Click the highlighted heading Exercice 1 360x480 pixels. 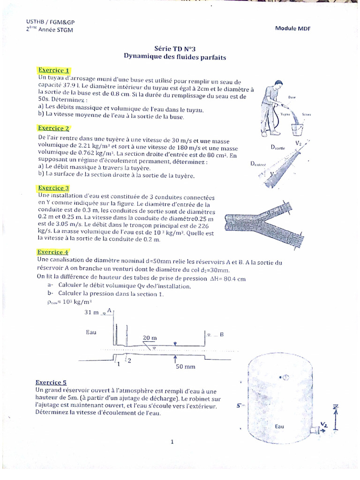(x=54, y=70)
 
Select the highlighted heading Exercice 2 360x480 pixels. (x=54, y=128)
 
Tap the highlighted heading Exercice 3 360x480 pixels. (x=54, y=188)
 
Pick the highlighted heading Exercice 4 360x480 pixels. (x=53, y=252)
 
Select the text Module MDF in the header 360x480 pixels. (x=293, y=29)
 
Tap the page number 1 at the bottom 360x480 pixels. (x=172, y=441)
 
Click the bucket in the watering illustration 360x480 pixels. (x=298, y=128)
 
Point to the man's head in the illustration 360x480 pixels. (x=278, y=85)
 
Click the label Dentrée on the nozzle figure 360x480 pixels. (x=258, y=164)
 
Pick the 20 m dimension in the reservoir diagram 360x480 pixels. (x=150, y=338)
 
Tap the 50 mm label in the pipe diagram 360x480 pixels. (x=185, y=367)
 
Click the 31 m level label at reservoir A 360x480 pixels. (x=92, y=312)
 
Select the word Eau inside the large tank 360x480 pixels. (x=280, y=427)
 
